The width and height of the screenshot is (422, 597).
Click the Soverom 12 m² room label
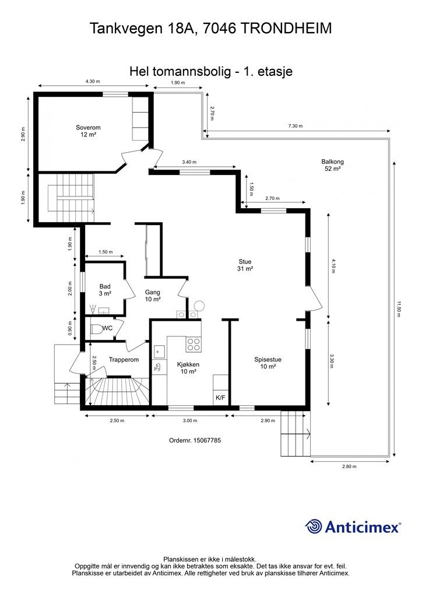[x=88, y=131]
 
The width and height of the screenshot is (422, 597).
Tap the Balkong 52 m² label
[x=332, y=165]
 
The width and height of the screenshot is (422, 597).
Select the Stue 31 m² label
[x=245, y=265]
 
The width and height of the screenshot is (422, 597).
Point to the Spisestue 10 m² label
[x=268, y=363]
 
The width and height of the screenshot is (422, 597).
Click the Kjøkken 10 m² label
[x=188, y=368]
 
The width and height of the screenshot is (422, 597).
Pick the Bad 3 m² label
[x=105, y=290]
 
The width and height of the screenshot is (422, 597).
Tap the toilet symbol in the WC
[x=96, y=329]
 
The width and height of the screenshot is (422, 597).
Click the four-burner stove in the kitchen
[x=194, y=344]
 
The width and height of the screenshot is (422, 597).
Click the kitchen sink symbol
[x=159, y=352]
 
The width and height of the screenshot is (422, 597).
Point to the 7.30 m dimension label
[x=296, y=126]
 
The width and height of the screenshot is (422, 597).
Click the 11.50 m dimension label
[x=399, y=309]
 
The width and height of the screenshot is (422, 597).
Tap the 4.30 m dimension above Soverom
[x=93, y=81]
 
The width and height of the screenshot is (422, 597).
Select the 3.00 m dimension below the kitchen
[x=190, y=421]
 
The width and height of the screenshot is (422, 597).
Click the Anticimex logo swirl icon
[x=314, y=526]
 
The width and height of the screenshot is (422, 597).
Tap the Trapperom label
[x=124, y=360]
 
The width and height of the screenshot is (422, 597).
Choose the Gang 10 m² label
[x=152, y=296]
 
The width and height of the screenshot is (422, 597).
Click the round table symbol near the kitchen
[x=199, y=305]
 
